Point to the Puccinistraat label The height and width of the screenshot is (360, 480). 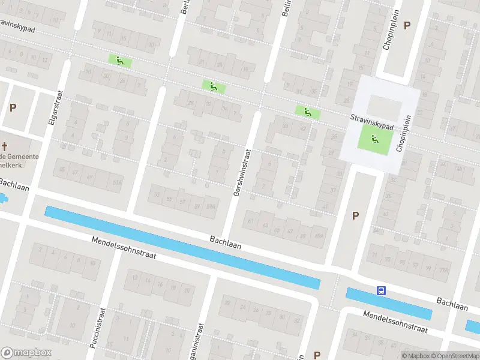[x=97, y=329]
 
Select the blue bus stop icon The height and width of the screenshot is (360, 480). [x=380, y=291]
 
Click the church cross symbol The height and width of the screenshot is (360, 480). [x=5, y=146]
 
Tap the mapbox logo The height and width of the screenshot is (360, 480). [x=26, y=353]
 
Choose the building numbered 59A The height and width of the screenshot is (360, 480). [x=211, y=206]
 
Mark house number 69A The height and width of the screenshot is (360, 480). [x=319, y=236]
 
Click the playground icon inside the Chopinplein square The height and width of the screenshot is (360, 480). [x=374, y=140]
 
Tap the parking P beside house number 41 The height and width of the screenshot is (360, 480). [x=355, y=215]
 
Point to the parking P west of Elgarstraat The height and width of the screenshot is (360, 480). [x=13, y=107]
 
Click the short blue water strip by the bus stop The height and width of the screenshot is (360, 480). [x=389, y=304]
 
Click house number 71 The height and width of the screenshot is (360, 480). [x=374, y=255]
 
